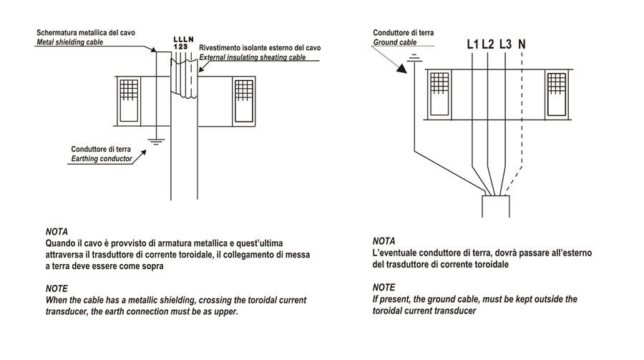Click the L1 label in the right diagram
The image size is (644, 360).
[x=472, y=44]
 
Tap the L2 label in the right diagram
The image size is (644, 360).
[x=488, y=44]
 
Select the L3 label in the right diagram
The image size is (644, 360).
[x=505, y=44]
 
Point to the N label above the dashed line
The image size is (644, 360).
[x=522, y=44]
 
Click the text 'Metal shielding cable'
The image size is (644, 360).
[x=69, y=42]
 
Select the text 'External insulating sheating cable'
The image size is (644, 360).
[x=260, y=57]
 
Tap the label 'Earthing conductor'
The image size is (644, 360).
[x=102, y=159]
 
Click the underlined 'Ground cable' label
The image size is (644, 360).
[x=394, y=42]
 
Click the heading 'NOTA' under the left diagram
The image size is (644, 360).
[x=56, y=233]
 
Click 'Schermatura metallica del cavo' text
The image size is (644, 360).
[x=85, y=33]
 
